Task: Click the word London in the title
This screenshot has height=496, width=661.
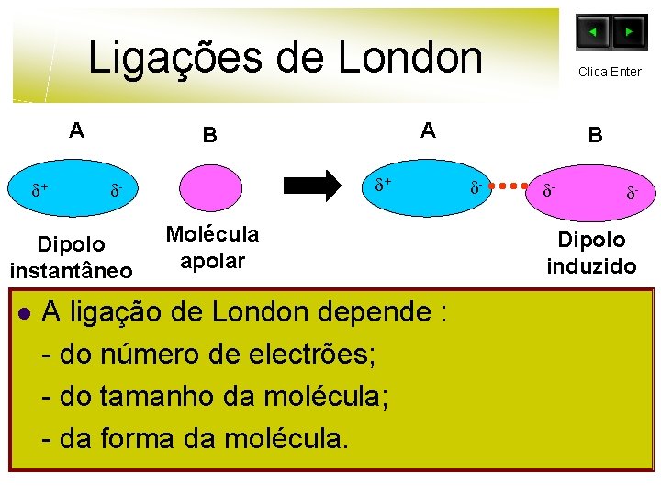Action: coord(409,57)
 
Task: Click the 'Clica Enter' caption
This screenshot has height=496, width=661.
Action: coord(610,72)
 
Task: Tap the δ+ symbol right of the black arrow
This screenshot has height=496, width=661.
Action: coord(383,185)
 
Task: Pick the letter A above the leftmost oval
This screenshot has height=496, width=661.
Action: coord(77,130)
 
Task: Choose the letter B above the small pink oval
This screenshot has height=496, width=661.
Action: coord(210,136)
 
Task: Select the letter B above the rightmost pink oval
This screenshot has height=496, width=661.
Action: coord(596,136)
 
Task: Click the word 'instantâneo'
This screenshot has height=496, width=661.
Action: coord(71,271)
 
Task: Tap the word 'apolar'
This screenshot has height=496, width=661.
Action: coord(212,261)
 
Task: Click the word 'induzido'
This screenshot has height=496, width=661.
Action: coord(591,266)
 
